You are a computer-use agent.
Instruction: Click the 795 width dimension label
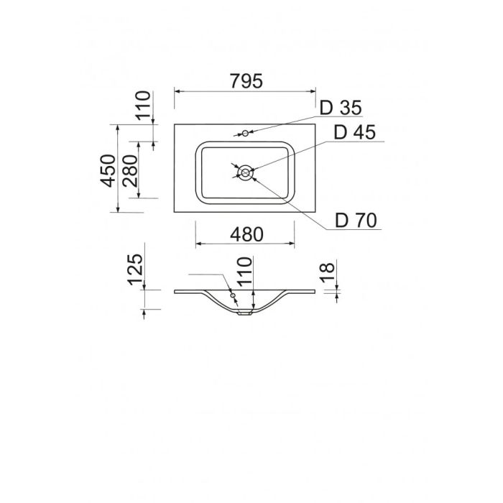point(246,80)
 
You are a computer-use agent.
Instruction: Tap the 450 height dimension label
point(108,171)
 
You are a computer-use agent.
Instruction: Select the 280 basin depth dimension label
point(130,171)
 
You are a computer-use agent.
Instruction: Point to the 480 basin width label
point(246,234)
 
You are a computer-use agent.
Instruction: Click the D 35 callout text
point(341,108)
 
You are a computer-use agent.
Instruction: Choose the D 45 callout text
point(354,131)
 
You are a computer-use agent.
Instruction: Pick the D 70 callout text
point(356,221)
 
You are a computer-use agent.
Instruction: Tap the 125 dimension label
point(135,269)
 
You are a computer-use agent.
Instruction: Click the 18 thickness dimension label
point(327,272)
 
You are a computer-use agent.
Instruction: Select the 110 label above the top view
point(143,105)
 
